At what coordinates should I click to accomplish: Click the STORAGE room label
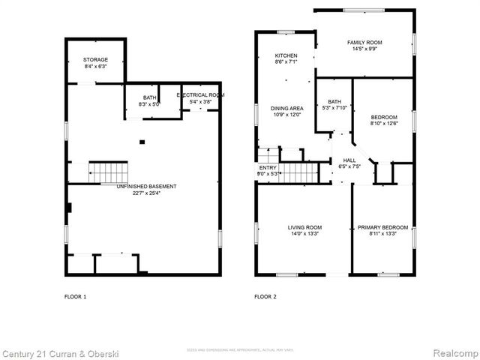95,59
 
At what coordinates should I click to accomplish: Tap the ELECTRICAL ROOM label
200,95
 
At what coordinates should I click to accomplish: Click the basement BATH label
150,97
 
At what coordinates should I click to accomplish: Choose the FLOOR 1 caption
75,297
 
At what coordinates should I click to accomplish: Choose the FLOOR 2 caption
265,297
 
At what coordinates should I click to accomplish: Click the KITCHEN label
286,55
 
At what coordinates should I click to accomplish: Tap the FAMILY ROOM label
364,42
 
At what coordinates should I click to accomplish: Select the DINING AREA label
286,109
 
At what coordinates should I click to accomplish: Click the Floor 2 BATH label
334,102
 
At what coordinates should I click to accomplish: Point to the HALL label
349,160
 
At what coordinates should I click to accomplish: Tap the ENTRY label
268,168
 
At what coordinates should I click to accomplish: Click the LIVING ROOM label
304,227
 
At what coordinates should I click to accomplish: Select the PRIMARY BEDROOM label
382,227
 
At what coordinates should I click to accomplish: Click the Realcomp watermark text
453,352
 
